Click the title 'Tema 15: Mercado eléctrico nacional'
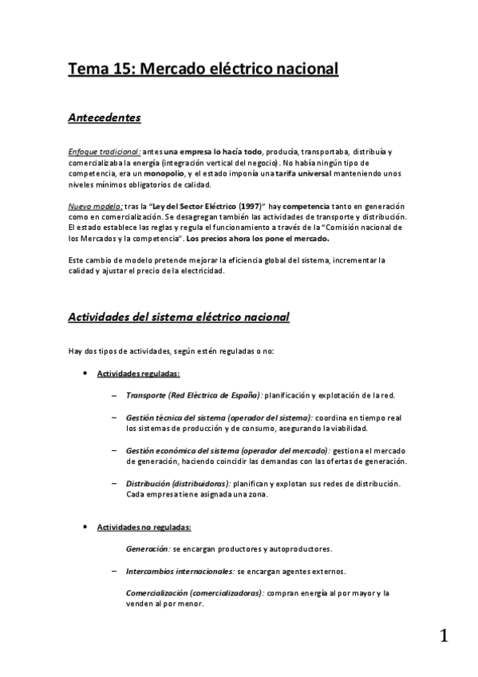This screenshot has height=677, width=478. (x=203, y=69)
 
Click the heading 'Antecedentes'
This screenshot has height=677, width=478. (x=105, y=118)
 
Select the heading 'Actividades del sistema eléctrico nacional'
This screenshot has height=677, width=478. (x=179, y=317)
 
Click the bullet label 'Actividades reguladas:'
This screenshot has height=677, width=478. (x=138, y=373)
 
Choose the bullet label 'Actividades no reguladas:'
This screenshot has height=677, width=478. (x=144, y=528)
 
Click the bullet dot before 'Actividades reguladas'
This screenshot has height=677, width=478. (x=85, y=373)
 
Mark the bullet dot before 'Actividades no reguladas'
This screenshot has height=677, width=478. (x=85, y=528)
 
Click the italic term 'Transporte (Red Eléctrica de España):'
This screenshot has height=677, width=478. (x=194, y=394)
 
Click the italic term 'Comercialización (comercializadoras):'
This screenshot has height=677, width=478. (x=195, y=593)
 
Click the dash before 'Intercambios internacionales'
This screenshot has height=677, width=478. (x=116, y=572)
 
